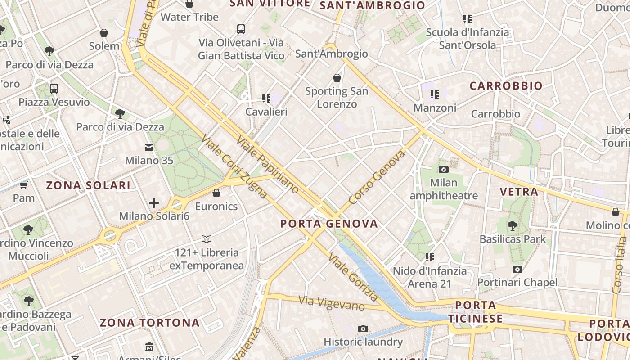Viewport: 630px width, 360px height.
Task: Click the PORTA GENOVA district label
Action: coord(329,224)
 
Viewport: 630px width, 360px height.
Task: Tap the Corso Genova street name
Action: coord(377,178)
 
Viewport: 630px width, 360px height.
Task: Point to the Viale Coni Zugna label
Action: coord(234,166)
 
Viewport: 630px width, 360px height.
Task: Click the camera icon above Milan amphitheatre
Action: coord(444,169)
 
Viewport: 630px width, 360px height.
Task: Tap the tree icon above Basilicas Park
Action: coord(512,225)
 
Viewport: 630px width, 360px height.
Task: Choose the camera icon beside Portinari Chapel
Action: coord(517,269)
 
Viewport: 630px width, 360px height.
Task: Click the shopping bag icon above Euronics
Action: coord(216,193)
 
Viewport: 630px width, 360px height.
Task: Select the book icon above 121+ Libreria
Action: coord(207,239)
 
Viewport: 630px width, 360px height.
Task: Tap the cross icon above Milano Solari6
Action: coord(154,203)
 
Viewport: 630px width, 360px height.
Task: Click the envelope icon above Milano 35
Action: coord(149,147)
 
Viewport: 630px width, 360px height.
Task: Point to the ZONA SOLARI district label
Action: coord(89,185)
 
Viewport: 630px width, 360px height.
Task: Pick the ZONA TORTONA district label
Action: coord(149,323)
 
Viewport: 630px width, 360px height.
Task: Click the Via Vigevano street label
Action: coord(332,303)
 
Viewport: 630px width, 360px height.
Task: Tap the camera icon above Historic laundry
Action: coord(363,328)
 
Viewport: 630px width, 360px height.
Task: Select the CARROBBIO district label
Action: coord(506,86)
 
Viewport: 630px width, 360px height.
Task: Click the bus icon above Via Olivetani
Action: coord(241,29)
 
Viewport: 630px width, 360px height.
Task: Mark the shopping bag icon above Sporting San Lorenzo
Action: coord(337,78)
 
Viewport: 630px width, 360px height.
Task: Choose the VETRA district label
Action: coord(519,192)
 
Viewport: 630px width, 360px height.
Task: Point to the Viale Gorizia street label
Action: coord(353,277)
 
